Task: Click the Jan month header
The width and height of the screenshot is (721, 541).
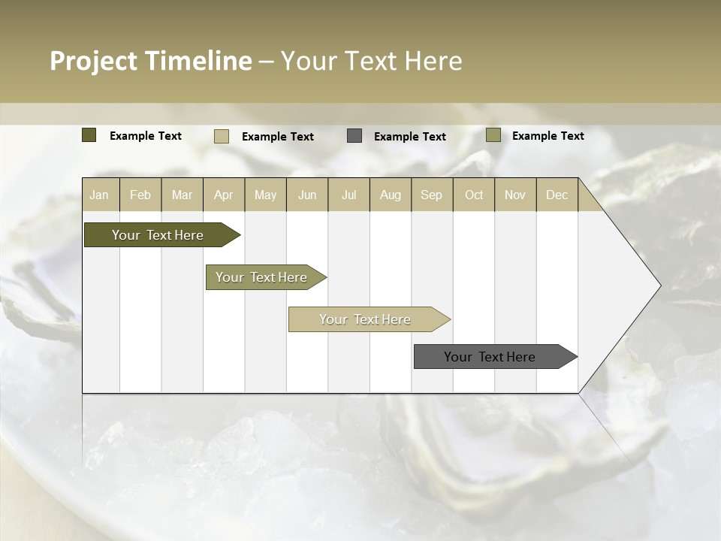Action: tap(99, 195)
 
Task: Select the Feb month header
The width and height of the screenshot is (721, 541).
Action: tap(140, 195)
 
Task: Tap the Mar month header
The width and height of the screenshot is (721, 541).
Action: tap(182, 195)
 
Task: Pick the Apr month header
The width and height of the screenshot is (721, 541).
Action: tap(224, 195)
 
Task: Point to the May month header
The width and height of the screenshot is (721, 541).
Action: tap(265, 195)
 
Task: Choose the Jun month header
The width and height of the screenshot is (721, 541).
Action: tap(307, 195)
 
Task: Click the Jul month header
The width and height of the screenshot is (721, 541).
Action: tap(348, 195)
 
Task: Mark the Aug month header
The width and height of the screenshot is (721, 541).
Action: tap(391, 195)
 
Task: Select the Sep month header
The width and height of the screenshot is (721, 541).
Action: tap(432, 195)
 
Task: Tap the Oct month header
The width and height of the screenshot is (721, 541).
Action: tap(474, 195)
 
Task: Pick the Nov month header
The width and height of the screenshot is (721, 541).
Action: tap(515, 195)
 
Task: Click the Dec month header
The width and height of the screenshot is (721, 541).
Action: tap(557, 195)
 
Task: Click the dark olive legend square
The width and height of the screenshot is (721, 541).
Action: tap(89, 135)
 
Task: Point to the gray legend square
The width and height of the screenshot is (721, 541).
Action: tap(354, 135)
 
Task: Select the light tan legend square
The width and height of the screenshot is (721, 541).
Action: tap(222, 136)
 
